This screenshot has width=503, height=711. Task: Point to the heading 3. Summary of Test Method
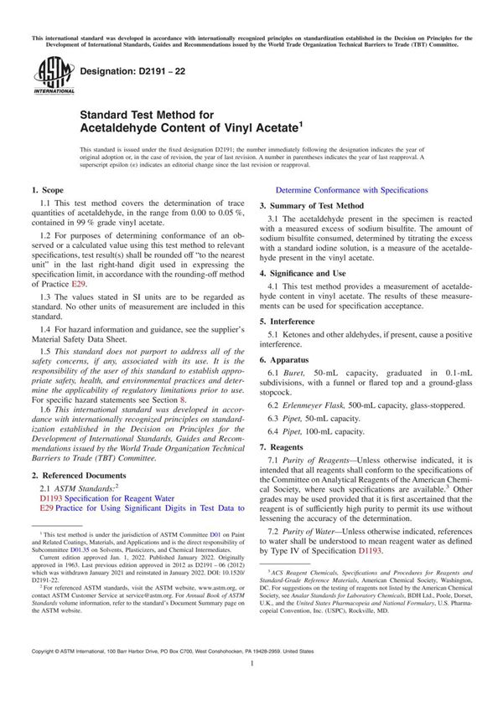tap(311, 205)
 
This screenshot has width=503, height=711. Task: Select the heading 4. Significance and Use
tap(302, 273)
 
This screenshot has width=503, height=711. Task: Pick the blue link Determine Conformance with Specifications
tap(351, 190)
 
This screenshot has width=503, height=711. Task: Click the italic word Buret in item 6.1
tap(298, 370)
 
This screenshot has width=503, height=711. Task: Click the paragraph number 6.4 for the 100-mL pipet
tap(275, 431)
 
